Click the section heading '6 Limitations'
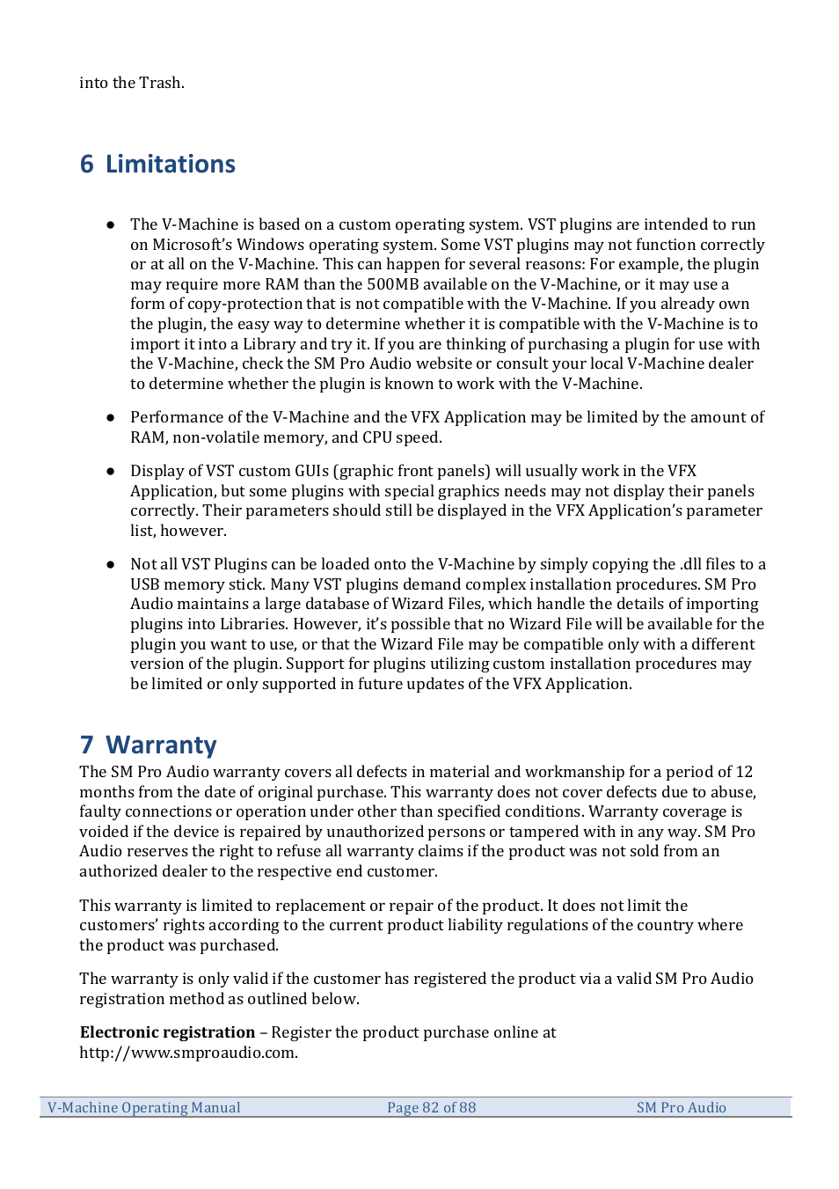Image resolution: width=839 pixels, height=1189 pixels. [157, 165]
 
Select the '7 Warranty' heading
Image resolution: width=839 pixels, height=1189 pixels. [148, 745]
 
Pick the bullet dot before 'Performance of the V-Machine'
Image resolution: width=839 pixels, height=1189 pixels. [111, 417]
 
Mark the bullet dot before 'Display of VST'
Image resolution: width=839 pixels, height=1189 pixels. [111, 472]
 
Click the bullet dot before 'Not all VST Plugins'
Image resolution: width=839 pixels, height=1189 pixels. [111, 565]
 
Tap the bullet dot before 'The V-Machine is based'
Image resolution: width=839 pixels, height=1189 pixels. [111, 225]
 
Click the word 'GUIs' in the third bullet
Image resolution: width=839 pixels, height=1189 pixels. [311, 472]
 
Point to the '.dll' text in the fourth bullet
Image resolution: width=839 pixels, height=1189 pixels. [689, 564]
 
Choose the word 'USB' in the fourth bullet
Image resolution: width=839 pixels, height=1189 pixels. [145, 584]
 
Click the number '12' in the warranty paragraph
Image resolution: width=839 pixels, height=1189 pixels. [744, 772]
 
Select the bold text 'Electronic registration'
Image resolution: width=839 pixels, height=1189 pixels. [167, 1032]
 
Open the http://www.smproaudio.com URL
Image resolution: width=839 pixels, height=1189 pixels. [188, 1053]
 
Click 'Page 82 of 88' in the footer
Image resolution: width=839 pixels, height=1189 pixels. [431, 1108]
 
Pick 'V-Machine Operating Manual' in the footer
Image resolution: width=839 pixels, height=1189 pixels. [144, 1108]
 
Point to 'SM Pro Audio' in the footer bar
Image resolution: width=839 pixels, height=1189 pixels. [681, 1108]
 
